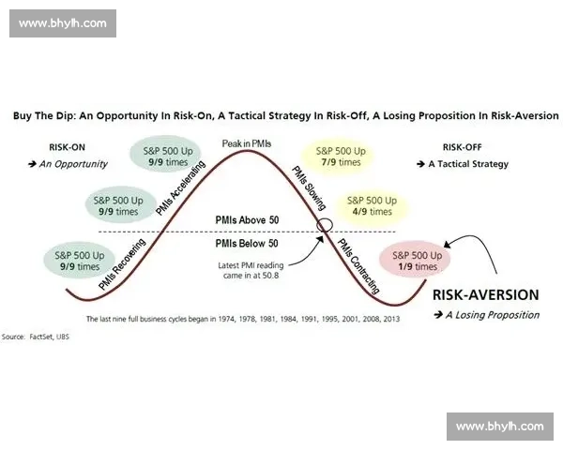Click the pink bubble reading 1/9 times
[x=415, y=260]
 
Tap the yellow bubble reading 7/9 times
[x=341, y=157]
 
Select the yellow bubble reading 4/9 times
[x=372, y=205]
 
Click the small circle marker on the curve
[x=325, y=225]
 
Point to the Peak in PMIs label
[x=247, y=143]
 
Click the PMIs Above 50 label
[x=247, y=220]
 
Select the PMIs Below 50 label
[x=247, y=244]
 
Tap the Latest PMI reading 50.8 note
[x=251, y=271]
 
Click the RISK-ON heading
[x=68, y=147]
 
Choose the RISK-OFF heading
[x=462, y=147]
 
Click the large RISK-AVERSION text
[x=486, y=294]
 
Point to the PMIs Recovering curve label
[x=122, y=263]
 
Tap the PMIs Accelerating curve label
[x=180, y=187]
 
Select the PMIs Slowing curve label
[x=309, y=187]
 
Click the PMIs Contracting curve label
[x=358, y=266]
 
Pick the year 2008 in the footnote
[x=372, y=319]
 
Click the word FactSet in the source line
[x=41, y=337]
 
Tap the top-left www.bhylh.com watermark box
[x=63, y=23]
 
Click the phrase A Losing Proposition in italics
[x=493, y=315]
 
